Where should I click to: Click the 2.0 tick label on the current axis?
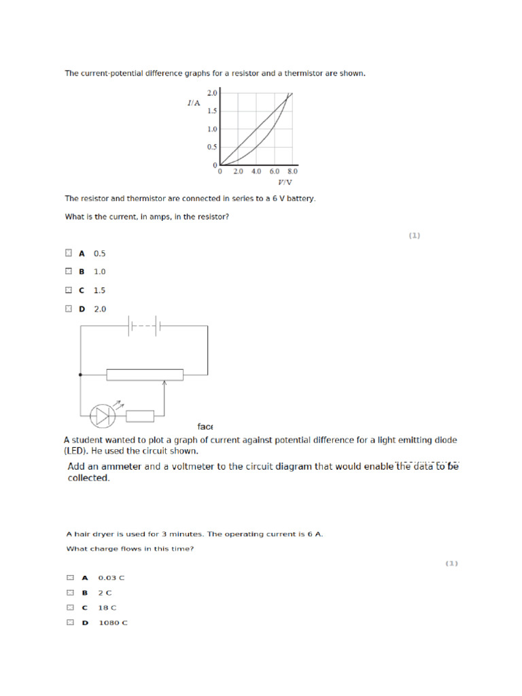pyautogui.click(x=211, y=92)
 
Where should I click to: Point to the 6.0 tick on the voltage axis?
pyautogui.click(x=275, y=172)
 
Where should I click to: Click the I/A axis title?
pyautogui.click(x=194, y=103)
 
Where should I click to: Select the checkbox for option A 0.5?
pyautogui.click(x=68, y=253)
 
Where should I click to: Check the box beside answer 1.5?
pyautogui.click(x=68, y=290)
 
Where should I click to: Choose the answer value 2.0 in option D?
pyautogui.click(x=100, y=309)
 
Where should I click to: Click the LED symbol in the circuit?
pyautogui.click(x=103, y=416)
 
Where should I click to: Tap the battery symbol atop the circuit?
pyautogui.click(x=144, y=326)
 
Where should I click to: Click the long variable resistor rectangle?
pyautogui.click(x=145, y=374)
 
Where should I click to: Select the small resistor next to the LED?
pyautogui.click(x=140, y=416)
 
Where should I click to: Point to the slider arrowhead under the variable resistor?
pyautogui.click(x=164, y=384)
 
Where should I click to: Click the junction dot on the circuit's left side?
pyautogui.click(x=81, y=374)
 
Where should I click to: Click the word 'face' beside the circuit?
pyautogui.click(x=205, y=427)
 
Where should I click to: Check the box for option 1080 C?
pyautogui.click(x=70, y=623)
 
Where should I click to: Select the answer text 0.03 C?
pyautogui.click(x=111, y=578)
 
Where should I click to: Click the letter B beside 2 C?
pyautogui.click(x=85, y=593)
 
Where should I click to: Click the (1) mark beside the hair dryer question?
pyautogui.click(x=452, y=563)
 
